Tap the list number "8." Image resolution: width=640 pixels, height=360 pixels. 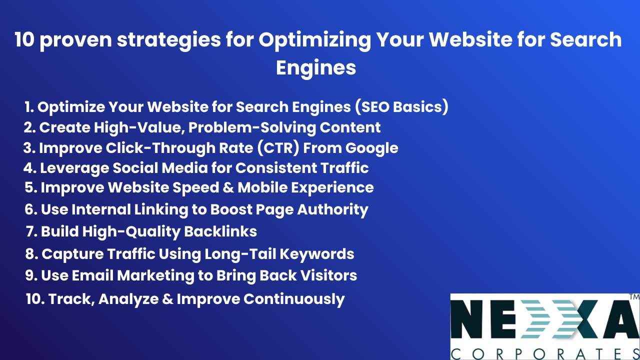click(x=31, y=254)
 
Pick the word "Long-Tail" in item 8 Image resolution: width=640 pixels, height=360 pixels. click(x=239, y=254)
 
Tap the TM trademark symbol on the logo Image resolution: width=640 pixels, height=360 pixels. click(x=634, y=297)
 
